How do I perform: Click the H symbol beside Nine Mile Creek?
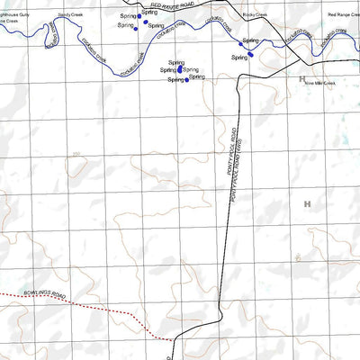(301, 78)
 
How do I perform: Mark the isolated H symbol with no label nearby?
(306, 204)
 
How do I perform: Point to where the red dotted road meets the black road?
(173, 339)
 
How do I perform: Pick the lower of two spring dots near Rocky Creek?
(251, 54)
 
